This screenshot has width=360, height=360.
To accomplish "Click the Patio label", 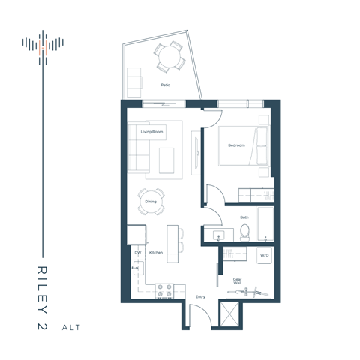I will (165, 85).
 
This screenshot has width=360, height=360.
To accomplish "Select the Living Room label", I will (151, 132).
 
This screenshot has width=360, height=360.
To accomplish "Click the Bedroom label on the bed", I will (236, 145).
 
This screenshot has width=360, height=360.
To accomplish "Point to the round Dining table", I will (151, 202).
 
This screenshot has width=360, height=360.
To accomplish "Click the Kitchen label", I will (156, 253).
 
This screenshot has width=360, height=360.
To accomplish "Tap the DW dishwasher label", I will (138, 253).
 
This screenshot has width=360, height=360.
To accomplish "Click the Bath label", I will (244, 217).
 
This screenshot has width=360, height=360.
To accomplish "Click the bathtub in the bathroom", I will (266, 223).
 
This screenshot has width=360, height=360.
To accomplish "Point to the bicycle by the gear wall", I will (261, 289).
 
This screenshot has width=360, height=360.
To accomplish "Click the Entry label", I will (200, 297).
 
